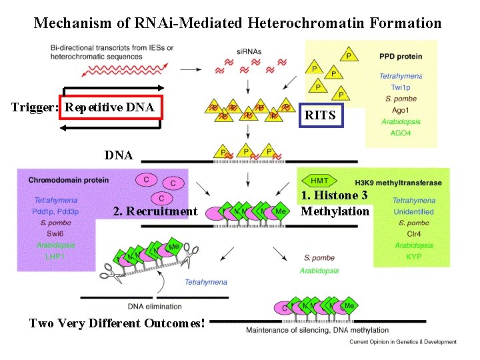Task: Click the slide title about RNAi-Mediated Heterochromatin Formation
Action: pyautogui.click(x=237, y=23)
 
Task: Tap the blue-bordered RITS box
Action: pyautogui.click(x=320, y=115)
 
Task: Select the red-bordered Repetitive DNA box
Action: pyautogui.click(x=111, y=107)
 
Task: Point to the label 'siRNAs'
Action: pyautogui.click(x=248, y=51)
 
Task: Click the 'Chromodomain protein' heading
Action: pyautogui.click(x=65, y=180)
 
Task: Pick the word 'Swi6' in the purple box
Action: pyautogui.click(x=55, y=234)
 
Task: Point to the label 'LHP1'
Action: pyautogui.click(x=55, y=256)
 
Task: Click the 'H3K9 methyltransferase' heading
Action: pyautogui.click(x=394, y=181)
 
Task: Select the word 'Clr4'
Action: pyautogui.click(x=414, y=234)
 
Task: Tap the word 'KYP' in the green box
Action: pyautogui.click(x=414, y=256)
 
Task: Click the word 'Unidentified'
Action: pyautogui.click(x=414, y=211)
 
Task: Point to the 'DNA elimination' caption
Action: pyautogui.click(x=154, y=306)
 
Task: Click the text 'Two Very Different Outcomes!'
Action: pyautogui.click(x=117, y=323)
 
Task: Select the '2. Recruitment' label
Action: pyautogui.click(x=155, y=211)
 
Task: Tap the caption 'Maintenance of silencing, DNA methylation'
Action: pyautogui.click(x=317, y=330)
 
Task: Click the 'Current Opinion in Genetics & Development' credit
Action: pyautogui.click(x=403, y=342)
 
